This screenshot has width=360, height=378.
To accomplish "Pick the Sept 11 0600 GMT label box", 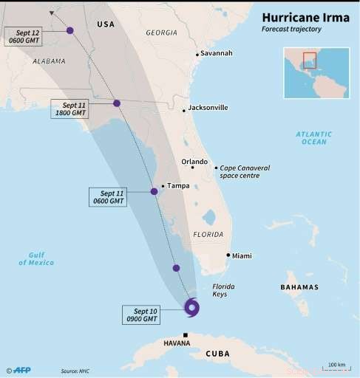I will coord(108,196).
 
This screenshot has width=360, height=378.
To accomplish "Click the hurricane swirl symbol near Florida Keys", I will coord(191,308).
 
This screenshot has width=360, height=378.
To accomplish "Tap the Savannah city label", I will coord(217,54).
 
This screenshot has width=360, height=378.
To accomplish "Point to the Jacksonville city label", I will coord(208,108).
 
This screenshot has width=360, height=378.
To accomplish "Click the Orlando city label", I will coord(194,162).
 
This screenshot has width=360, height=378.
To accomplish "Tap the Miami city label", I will coord(241,256).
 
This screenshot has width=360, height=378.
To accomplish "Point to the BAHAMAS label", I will coord(299,287).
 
